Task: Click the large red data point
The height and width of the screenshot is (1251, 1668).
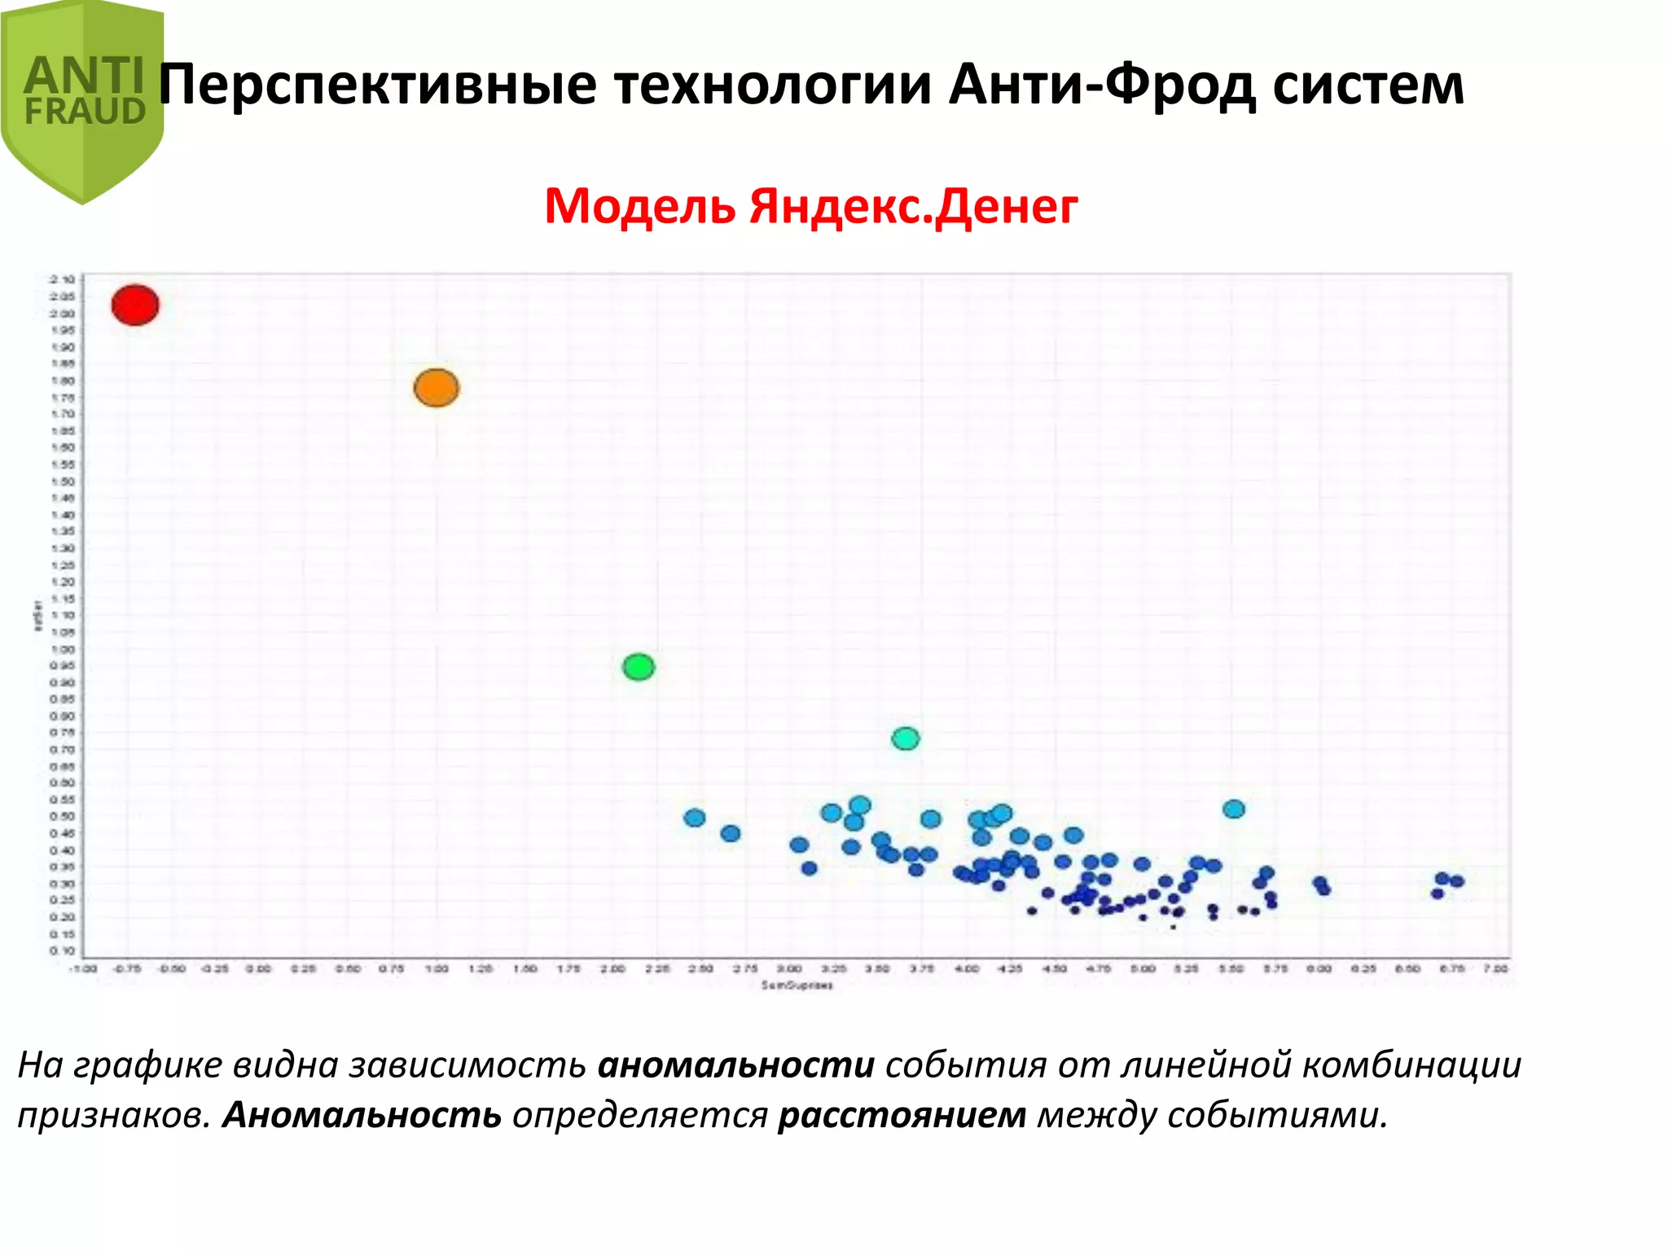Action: click(135, 305)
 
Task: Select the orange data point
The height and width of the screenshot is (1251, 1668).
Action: click(437, 388)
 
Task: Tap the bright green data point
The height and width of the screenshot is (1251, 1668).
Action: click(639, 667)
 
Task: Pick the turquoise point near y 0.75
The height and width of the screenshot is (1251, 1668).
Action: click(906, 739)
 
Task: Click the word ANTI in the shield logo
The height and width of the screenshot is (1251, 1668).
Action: click(85, 77)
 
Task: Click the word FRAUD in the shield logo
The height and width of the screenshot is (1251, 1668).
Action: click(85, 112)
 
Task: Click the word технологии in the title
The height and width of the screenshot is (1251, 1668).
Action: click(773, 86)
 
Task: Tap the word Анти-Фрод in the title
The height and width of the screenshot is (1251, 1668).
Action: click(1103, 86)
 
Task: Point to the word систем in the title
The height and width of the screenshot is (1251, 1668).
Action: click(1368, 86)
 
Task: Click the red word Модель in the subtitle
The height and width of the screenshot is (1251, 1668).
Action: click(640, 206)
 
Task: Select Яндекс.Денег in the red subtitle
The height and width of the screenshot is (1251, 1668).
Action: click(914, 206)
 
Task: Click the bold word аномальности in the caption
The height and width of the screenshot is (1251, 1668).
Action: click(736, 1065)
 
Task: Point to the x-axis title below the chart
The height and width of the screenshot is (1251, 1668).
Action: click(797, 985)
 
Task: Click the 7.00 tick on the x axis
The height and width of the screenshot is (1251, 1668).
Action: click(1495, 968)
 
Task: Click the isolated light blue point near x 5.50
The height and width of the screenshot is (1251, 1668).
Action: click(1234, 809)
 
